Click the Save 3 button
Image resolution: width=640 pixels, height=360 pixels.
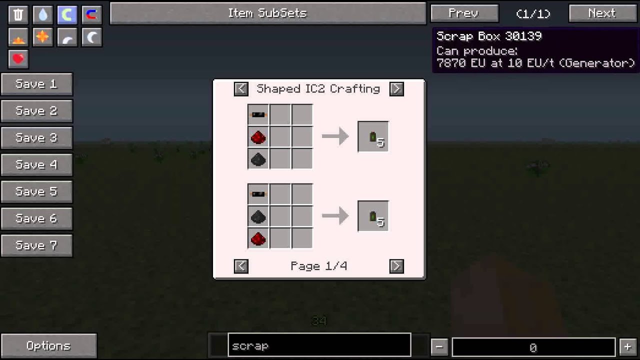click(x=36, y=137)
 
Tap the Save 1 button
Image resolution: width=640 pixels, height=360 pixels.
click(x=36, y=84)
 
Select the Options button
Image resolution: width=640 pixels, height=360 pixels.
click(x=48, y=346)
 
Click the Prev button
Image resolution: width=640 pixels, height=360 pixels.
click(x=464, y=13)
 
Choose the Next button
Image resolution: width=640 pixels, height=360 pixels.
click(x=601, y=13)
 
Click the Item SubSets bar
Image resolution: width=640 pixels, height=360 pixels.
click(x=267, y=13)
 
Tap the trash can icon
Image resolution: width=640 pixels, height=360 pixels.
click(x=18, y=15)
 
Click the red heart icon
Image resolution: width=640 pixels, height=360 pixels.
click(x=18, y=59)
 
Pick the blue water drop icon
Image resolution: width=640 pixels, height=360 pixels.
click(x=42, y=15)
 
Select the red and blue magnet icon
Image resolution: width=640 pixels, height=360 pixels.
click(x=91, y=15)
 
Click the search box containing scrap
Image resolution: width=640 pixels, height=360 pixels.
click(x=319, y=346)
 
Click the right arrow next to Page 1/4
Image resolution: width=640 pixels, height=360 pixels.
click(x=396, y=266)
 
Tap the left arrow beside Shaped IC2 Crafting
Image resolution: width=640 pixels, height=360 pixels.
click(x=241, y=89)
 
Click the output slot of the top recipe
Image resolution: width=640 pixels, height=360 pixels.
click(x=373, y=137)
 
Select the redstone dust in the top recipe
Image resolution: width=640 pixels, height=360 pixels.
click(x=258, y=137)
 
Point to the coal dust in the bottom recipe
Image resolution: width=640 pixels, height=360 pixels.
click(x=258, y=217)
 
